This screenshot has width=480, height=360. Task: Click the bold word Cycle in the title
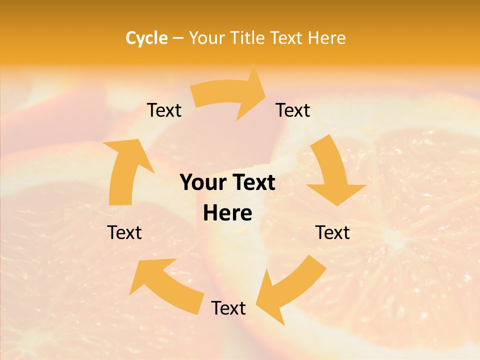146,38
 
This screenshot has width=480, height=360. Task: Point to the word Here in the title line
327,38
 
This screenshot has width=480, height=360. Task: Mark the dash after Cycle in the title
178,38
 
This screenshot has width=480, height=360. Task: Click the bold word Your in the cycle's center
202,183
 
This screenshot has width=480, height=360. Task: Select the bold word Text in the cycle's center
251,183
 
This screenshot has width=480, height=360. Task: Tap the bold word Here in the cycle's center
227,213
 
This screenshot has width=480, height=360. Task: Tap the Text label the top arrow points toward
293,110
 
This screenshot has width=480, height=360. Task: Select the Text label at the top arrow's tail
164,110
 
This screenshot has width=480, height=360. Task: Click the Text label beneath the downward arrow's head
332,232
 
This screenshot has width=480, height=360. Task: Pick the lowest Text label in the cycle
228,308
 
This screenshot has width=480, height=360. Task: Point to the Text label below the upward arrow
124,232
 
